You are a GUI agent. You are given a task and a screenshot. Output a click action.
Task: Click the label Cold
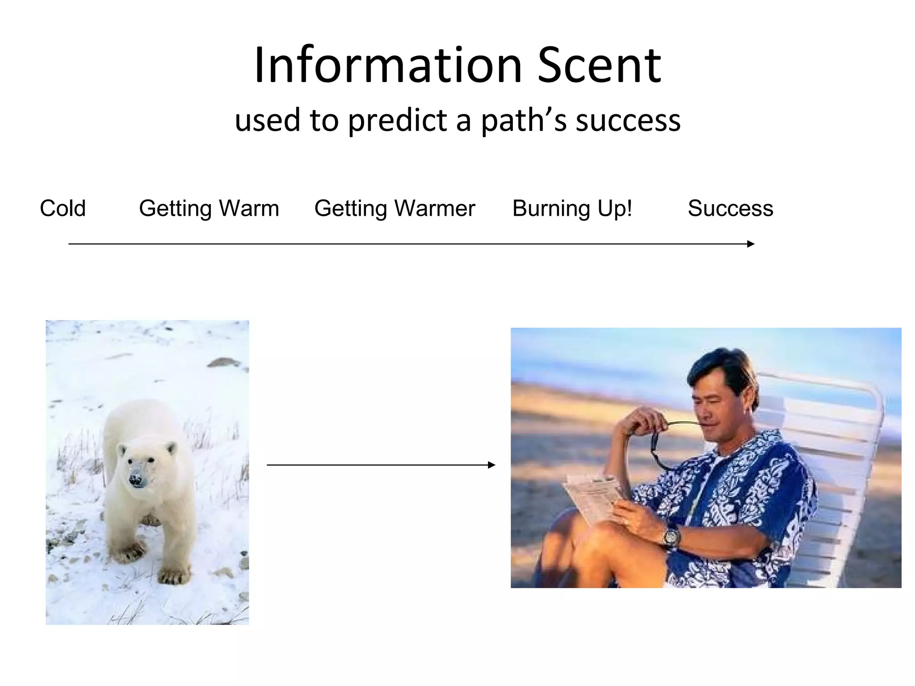click(x=63, y=208)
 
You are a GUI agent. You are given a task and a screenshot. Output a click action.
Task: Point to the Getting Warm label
click(x=209, y=208)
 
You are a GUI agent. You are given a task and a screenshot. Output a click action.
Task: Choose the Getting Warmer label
click(x=395, y=208)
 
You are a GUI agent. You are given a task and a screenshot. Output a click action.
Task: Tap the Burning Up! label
click(x=572, y=208)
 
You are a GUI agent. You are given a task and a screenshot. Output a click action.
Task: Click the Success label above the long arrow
click(x=730, y=208)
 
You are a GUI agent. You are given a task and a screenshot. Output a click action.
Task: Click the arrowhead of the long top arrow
click(x=751, y=244)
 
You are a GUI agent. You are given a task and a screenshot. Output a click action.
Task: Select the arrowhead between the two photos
click(x=491, y=465)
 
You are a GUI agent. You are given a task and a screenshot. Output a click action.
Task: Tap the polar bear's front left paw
click(x=173, y=576)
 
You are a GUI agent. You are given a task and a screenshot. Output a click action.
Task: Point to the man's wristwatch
click(x=671, y=535)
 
